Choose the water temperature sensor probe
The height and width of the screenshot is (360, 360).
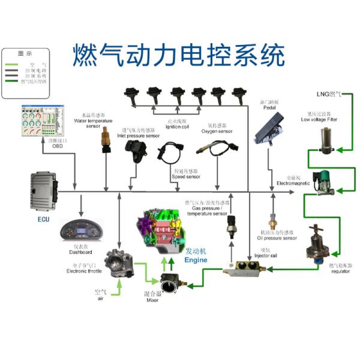coord(105,139)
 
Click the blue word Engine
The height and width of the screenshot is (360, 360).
coord(196,260)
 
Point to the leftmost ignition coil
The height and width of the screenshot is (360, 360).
coord(131,95)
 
